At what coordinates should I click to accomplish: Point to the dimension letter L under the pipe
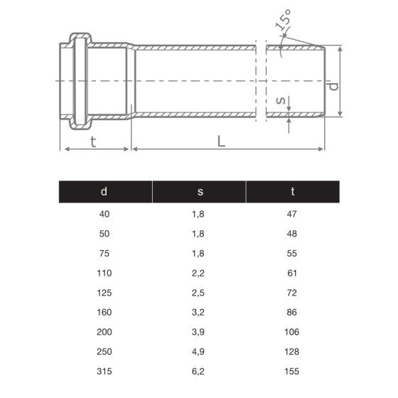click(x=222, y=141)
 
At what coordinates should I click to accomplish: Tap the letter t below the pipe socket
click(x=92, y=141)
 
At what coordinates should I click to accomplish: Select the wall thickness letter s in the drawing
click(x=280, y=102)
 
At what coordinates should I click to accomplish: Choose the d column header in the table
click(x=104, y=191)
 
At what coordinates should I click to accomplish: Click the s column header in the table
click(x=199, y=191)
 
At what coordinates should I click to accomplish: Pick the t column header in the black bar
click(x=293, y=191)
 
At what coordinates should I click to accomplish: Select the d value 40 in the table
click(x=104, y=213)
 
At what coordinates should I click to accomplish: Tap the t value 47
click(x=293, y=213)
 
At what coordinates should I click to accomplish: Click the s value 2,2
click(x=199, y=272)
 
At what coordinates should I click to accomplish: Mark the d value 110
click(x=104, y=272)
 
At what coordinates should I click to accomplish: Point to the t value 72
click(x=293, y=292)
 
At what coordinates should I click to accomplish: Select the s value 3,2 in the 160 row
click(x=199, y=312)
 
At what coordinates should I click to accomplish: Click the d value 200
click(x=104, y=332)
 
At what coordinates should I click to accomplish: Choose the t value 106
click(x=293, y=332)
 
